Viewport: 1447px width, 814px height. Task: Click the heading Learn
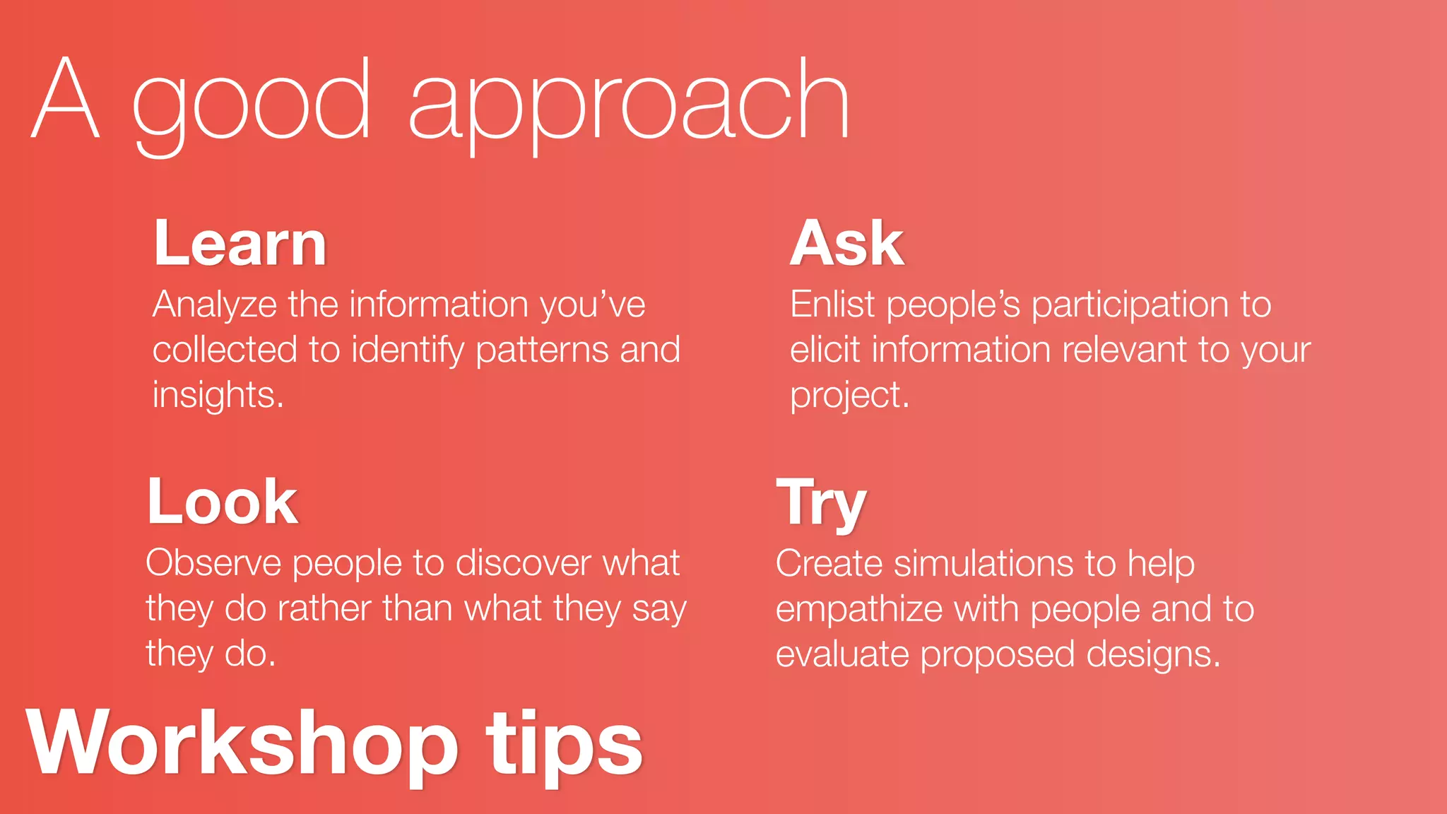pos(240,244)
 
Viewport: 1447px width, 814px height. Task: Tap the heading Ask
pos(846,244)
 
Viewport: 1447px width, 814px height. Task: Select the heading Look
pos(223,502)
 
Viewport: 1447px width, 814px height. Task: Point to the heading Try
pos(821,503)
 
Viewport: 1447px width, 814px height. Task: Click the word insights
pos(218,395)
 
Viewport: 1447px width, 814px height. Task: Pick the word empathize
pos(858,610)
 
